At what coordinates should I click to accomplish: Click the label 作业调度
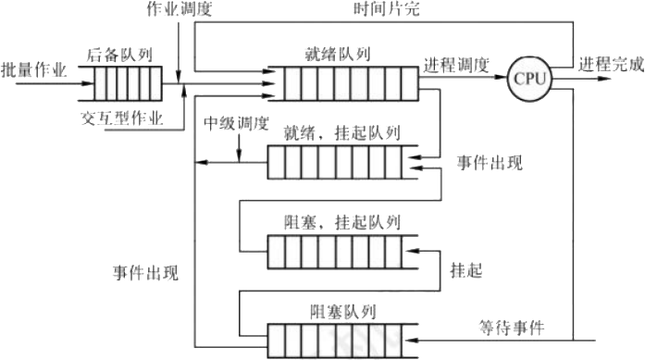coord(180,9)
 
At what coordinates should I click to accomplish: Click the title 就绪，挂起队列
coord(342,135)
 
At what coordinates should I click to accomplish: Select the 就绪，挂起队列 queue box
coord(341,165)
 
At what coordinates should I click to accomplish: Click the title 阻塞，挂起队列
coord(341,222)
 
